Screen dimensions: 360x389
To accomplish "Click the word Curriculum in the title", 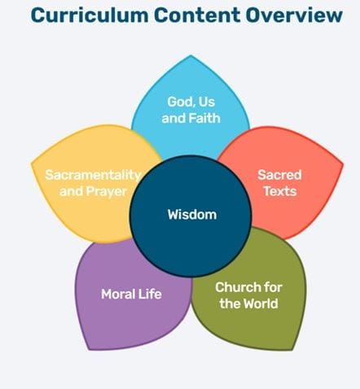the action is [90, 15].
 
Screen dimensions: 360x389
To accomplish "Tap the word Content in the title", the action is [197, 15].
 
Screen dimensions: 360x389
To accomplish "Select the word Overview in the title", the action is [294, 15].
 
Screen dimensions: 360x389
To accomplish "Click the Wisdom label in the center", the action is [192, 215].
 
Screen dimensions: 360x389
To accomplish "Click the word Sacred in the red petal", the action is [279, 175].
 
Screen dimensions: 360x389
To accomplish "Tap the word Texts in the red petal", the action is [280, 191].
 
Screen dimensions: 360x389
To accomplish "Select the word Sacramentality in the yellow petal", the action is [93, 175].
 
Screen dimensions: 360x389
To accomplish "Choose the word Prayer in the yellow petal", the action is [107, 191].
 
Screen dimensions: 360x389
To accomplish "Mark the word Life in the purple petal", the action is [150, 294].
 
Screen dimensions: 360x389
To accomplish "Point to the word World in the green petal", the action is [258, 304].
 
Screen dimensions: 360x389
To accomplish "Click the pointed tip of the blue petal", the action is [191, 55].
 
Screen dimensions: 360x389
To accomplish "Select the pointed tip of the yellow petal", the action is [32, 164].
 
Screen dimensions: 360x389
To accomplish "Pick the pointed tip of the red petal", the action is [343, 164].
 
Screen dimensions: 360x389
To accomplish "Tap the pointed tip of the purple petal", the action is [90, 349].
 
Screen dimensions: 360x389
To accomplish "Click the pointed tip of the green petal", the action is [292, 349].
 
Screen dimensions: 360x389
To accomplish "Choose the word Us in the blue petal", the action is [207, 102].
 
